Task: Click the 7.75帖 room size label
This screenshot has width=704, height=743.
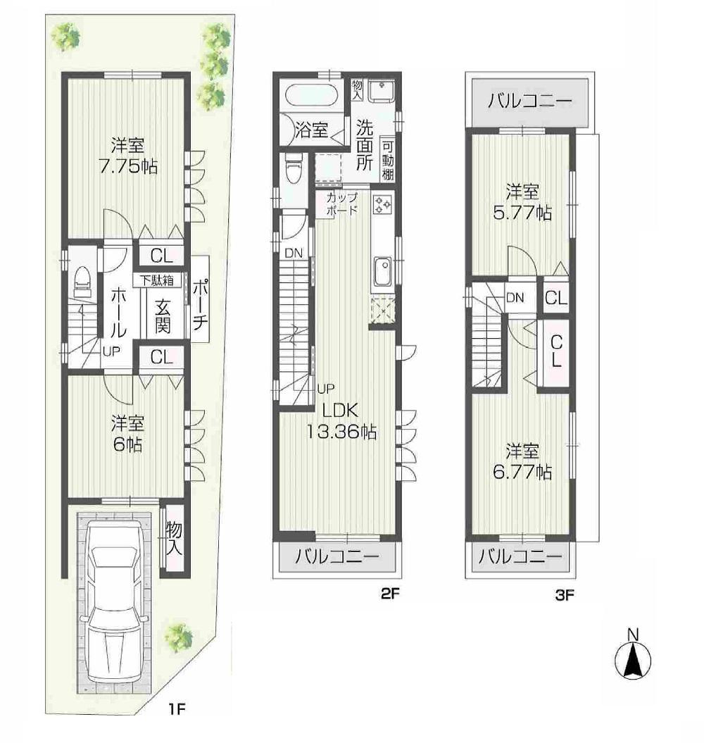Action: [x=127, y=167]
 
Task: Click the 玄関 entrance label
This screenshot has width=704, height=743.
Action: [x=163, y=317]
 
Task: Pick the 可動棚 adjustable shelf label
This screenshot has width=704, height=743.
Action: [x=388, y=160]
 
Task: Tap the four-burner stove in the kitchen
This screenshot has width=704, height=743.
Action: [x=384, y=204]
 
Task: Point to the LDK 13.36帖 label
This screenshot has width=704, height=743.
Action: [x=341, y=421]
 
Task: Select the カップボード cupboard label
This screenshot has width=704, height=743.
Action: [x=341, y=204]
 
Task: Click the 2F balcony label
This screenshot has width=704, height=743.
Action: [x=337, y=557]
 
